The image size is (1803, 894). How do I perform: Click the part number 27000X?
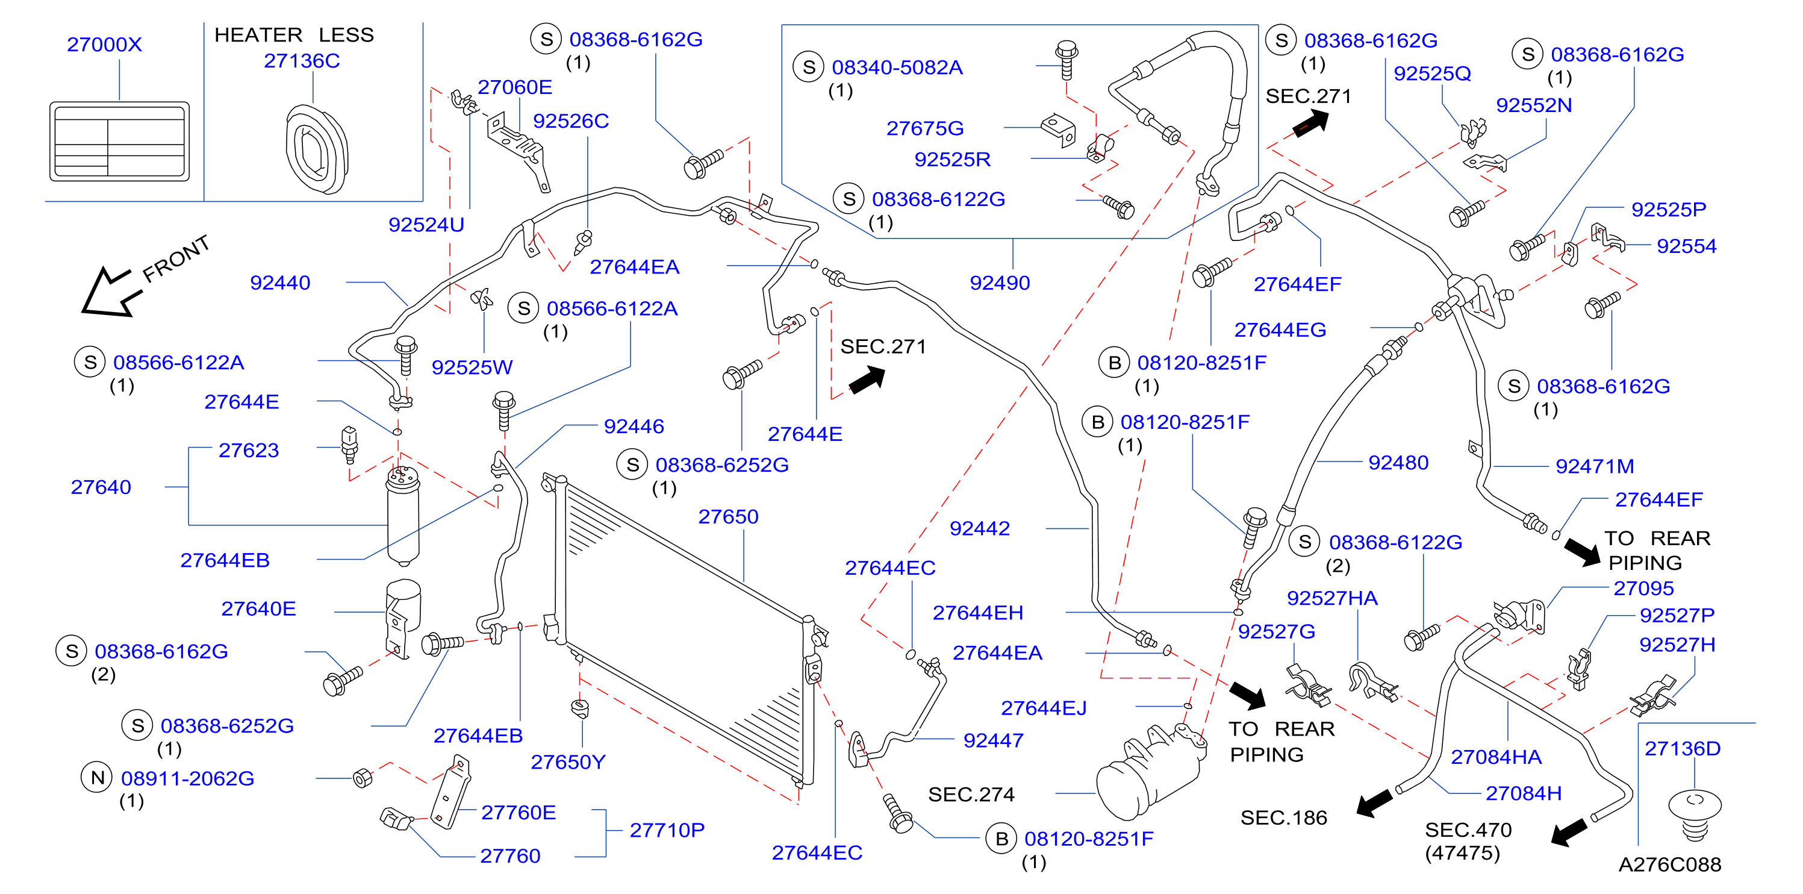click(104, 44)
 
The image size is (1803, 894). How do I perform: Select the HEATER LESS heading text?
click(294, 34)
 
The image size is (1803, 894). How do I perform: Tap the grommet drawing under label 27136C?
click(316, 149)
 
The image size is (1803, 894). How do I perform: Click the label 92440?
click(280, 283)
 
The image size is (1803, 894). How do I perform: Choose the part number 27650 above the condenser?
click(728, 517)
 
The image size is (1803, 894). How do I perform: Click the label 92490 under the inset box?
click(1000, 283)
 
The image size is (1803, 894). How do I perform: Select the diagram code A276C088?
click(1669, 864)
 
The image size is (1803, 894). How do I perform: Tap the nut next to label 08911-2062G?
click(363, 778)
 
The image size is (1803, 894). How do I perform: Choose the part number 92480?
click(1398, 463)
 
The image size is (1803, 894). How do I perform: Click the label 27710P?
click(667, 830)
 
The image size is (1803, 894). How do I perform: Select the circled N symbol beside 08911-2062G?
click(98, 778)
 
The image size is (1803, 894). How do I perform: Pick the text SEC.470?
click(1468, 830)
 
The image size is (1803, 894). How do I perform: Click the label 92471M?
click(1595, 466)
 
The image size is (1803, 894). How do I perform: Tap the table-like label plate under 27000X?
click(120, 142)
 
